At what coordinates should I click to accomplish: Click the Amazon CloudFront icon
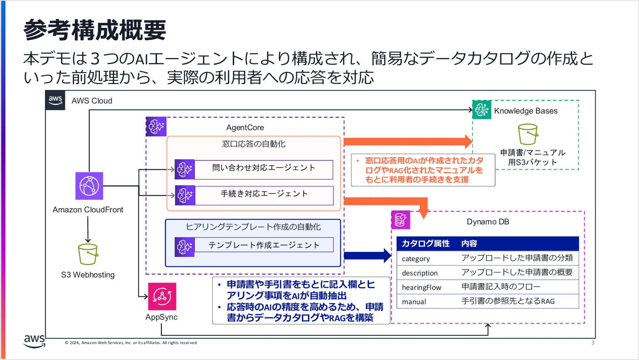click(89, 186)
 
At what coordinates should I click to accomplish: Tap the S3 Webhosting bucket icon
click(88, 254)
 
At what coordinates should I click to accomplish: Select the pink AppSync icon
click(162, 296)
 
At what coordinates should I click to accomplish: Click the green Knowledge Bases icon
click(482, 110)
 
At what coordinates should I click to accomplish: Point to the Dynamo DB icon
click(400, 220)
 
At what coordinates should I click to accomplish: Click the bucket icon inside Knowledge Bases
click(528, 134)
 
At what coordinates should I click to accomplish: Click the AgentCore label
click(245, 127)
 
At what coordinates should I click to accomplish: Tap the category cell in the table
click(416, 258)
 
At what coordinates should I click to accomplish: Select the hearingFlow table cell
click(421, 287)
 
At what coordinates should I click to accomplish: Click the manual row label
click(414, 302)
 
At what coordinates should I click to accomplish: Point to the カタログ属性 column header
click(426, 243)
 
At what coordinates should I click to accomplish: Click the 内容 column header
click(469, 243)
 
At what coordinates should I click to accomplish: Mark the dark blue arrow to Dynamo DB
click(368, 255)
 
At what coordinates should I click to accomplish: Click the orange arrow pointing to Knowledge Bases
click(408, 141)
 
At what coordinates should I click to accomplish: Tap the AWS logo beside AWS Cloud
click(55, 100)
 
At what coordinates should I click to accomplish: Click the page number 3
click(593, 342)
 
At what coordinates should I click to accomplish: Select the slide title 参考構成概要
click(95, 30)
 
